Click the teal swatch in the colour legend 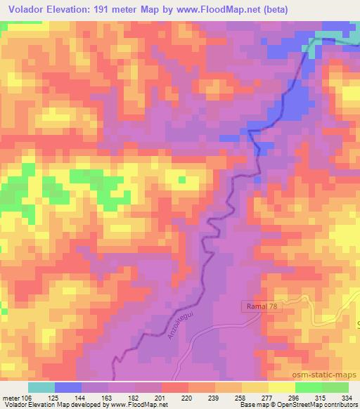click(41, 387)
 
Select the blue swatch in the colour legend click(68, 387)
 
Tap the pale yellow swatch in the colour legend click(281, 387)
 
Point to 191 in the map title click(102, 10)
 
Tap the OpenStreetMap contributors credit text click(312, 405)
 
